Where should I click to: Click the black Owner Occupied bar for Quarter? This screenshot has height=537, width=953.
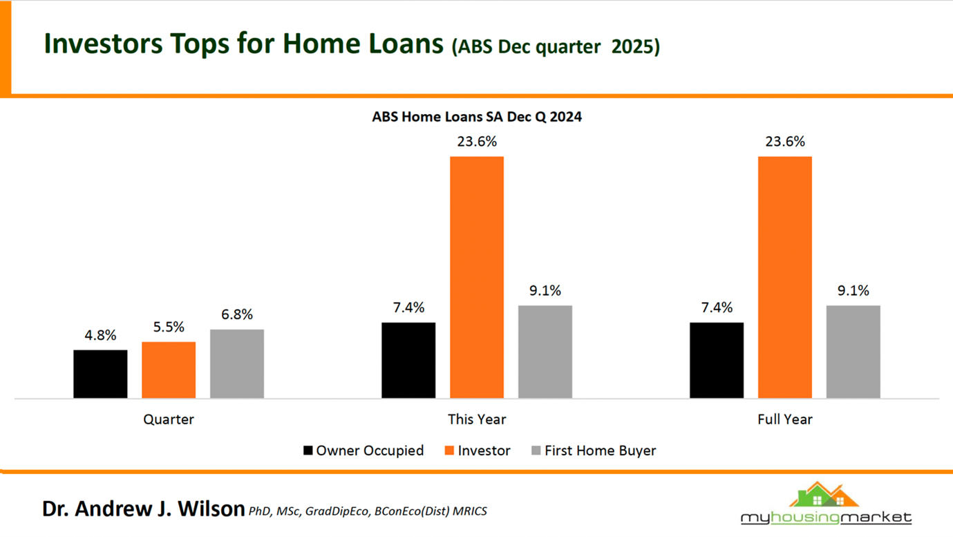point(100,374)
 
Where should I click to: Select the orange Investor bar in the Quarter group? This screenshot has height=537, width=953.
point(169,370)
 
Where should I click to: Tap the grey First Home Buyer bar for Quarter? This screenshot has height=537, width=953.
point(237,364)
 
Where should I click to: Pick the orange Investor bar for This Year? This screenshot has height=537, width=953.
point(477,277)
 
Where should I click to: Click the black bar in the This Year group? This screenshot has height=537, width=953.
point(408,360)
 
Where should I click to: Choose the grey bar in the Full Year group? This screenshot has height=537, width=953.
point(853,352)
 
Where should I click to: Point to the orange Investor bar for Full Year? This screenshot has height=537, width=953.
point(785,277)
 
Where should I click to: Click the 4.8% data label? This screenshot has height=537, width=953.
point(100,336)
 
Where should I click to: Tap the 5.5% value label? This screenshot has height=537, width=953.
point(169,328)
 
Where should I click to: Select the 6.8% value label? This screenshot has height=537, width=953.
point(237,315)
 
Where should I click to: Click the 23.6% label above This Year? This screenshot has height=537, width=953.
point(477,142)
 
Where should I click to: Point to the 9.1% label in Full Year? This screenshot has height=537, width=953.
point(853,291)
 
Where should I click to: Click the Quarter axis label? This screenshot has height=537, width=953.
point(169,420)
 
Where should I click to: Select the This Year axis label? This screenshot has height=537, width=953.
point(477,420)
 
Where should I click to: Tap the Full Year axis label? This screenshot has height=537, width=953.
point(785,420)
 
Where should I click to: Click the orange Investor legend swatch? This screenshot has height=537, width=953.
point(449,451)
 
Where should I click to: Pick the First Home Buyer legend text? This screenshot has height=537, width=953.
point(600,451)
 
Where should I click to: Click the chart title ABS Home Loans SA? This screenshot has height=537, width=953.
point(477,117)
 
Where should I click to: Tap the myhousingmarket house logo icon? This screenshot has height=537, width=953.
point(825,496)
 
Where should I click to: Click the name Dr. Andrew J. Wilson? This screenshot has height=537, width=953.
point(144,509)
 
